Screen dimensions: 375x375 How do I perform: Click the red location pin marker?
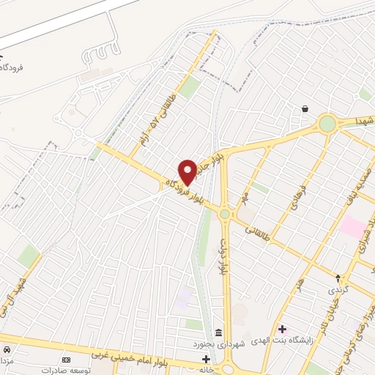point(187,172)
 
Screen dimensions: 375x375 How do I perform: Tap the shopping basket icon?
point(304,109)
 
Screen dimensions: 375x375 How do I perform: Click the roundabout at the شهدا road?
point(327,123)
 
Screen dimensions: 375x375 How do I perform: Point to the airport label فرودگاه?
point(13,67)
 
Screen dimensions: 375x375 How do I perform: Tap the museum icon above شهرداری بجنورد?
point(218,331)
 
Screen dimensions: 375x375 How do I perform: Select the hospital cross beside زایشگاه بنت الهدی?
point(282,328)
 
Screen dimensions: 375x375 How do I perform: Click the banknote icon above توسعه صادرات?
point(67,360)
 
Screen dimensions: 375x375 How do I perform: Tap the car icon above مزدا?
point(7,349)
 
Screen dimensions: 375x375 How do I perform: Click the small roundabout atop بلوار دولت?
point(224,214)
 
